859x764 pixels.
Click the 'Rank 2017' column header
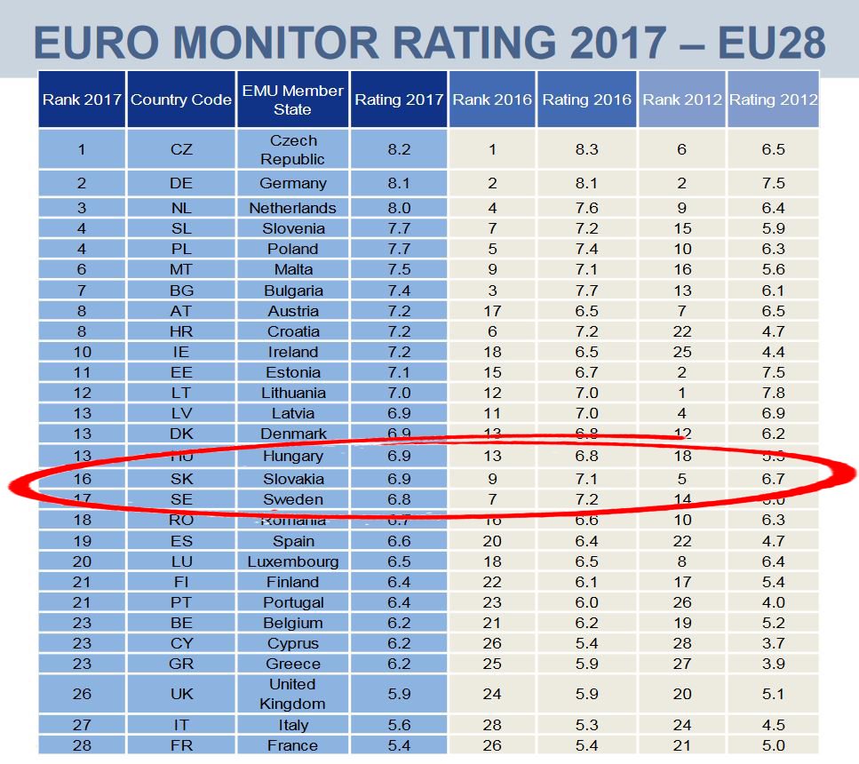pyautogui.click(x=82, y=99)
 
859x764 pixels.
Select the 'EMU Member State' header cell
pyautogui.click(x=292, y=99)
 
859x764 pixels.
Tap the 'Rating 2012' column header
pyautogui.click(x=773, y=99)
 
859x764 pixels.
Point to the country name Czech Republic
pyautogui.click(x=292, y=149)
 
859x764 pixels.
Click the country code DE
pyautogui.click(x=181, y=183)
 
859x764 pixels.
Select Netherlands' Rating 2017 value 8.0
pyautogui.click(x=399, y=208)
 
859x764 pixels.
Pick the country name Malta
pyautogui.click(x=292, y=270)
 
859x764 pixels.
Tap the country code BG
pyautogui.click(x=181, y=290)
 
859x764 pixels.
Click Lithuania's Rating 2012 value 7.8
pyautogui.click(x=773, y=393)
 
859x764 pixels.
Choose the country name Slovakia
pyautogui.click(x=292, y=479)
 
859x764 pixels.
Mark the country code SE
pyautogui.click(x=181, y=499)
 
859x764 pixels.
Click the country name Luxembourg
pyautogui.click(x=292, y=561)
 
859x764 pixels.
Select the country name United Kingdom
pyautogui.click(x=292, y=694)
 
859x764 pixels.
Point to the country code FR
pyautogui.click(x=181, y=745)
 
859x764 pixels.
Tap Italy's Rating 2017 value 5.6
pyautogui.click(x=399, y=725)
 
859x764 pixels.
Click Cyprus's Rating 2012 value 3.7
pyautogui.click(x=773, y=643)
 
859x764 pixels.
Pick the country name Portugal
pyautogui.click(x=292, y=602)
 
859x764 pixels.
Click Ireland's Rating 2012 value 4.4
pyautogui.click(x=773, y=352)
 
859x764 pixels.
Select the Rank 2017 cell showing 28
pyautogui.click(x=82, y=745)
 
